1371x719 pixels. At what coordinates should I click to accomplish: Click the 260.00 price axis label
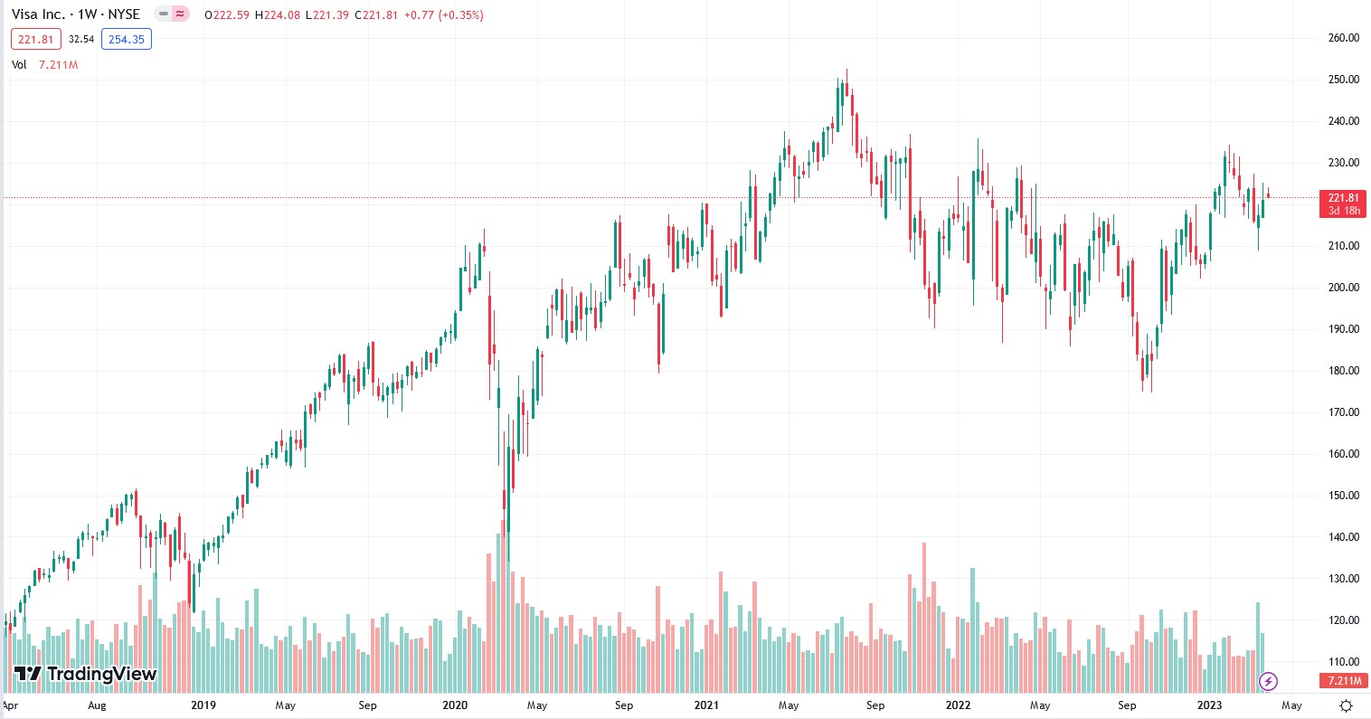coord(1343,38)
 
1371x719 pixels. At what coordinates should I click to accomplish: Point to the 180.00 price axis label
coord(1343,371)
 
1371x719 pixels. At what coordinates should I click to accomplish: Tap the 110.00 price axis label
coord(1343,662)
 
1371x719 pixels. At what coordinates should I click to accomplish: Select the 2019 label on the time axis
coord(203,705)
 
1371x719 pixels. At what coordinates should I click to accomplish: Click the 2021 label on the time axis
coord(706,705)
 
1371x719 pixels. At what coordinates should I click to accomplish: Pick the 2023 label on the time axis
coord(1209,705)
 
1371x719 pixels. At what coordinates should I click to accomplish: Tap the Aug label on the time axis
coord(97,705)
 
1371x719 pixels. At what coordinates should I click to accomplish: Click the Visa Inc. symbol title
coord(76,14)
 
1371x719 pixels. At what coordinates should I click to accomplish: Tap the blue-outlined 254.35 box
coord(127,39)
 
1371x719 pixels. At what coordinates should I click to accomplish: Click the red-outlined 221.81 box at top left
coord(36,39)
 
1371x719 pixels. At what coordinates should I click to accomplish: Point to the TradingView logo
coord(86,674)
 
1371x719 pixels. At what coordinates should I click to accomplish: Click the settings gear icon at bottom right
coord(1347,705)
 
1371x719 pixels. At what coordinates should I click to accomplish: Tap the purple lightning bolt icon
coord(1268,681)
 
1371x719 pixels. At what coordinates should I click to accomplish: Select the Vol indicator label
coord(19,65)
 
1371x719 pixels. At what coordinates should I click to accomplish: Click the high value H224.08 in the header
coord(279,15)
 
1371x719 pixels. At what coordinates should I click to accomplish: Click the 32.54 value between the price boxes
coord(81,39)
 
